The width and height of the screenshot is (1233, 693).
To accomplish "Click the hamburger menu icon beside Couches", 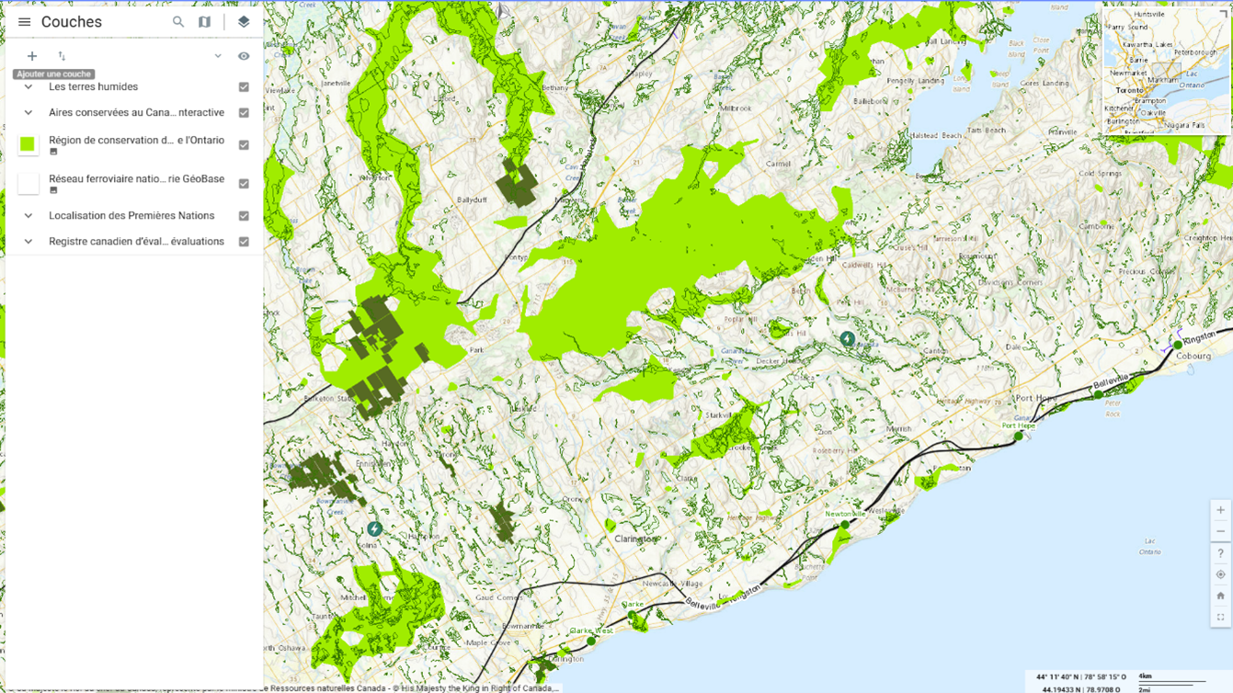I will point(24,22).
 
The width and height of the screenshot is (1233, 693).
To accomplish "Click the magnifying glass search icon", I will point(178,22).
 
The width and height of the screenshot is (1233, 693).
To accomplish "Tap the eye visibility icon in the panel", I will point(244,56).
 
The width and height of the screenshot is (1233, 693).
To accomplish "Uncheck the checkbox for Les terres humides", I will point(244,87).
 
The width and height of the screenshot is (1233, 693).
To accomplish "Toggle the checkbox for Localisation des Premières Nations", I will point(244,216).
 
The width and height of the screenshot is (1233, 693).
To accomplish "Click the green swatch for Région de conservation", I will point(28,144).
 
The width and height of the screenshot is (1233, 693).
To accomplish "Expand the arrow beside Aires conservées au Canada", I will point(29,113).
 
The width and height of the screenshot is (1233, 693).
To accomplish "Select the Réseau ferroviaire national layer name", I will point(136,179).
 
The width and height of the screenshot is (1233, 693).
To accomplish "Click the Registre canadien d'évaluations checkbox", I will point(244,242).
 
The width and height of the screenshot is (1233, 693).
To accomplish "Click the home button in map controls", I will point(1220,596).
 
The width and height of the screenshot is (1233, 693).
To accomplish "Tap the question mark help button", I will point(1220,553).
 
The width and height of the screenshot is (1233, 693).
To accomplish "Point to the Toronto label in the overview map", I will point(1129,91).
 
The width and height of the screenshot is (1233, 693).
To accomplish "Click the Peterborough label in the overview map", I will point(1194,52).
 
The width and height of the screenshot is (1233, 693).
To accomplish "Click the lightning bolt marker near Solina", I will point(375,528).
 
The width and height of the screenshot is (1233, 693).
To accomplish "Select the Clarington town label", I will point(636,539).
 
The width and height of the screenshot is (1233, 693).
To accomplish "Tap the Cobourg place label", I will point(1193,356).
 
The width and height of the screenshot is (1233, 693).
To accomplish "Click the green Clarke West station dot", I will point(591,641).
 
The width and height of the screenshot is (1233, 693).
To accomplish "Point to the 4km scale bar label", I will point(1145,676).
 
